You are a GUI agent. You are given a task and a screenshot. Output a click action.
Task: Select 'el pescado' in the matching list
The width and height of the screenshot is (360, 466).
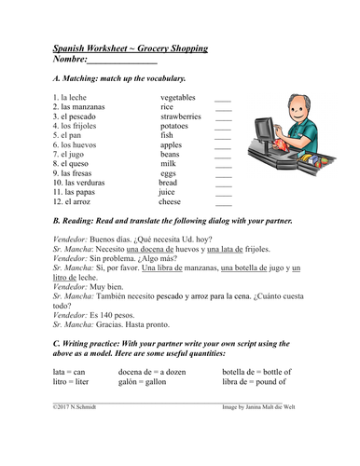tap(76, 116)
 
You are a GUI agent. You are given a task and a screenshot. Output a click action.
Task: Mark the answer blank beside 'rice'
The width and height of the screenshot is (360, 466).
tap(223, 108)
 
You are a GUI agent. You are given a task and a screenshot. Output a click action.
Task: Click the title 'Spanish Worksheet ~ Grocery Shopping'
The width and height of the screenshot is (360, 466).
tap(130, 48)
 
